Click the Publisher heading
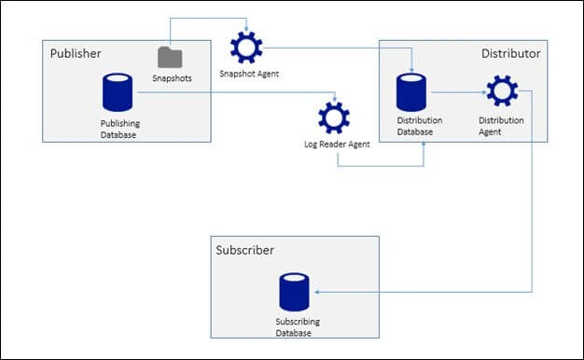[x=76, y=53]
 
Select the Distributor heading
[x=510, y=53]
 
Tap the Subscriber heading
[x=245, y=250]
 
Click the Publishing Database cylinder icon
[x=118, y=92]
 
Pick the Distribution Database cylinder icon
[x=411, y=92]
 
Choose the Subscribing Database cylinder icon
[x=294, y=292]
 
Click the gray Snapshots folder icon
[x=170, y=57]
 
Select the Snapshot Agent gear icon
[x=246, y=48]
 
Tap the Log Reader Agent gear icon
[x=334, y=118]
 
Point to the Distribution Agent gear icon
[x=502, y=90]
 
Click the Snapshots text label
[x=172, y=78]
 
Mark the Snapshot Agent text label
[x=249, y=74]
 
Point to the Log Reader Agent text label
[x=337, y=144]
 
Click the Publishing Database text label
[x=120, y=129]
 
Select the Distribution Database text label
[x=420, y=126]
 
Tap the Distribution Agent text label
[x=501, y=126]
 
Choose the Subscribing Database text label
[x=298, y=326]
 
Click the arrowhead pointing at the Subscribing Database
[x=317, y=292]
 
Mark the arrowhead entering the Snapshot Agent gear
[x=246, y=29]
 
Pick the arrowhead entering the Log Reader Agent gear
[x=335, y=99]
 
